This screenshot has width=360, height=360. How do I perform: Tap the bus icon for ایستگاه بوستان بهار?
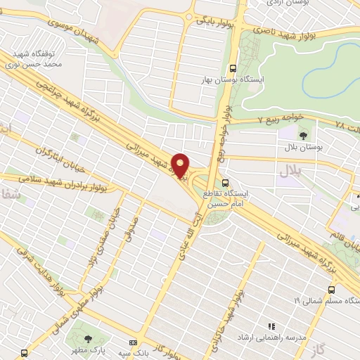(233, 68)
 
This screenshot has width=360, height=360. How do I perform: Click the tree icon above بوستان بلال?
(303, 135)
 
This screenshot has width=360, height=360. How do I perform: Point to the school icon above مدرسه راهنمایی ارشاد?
(271, 326)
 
